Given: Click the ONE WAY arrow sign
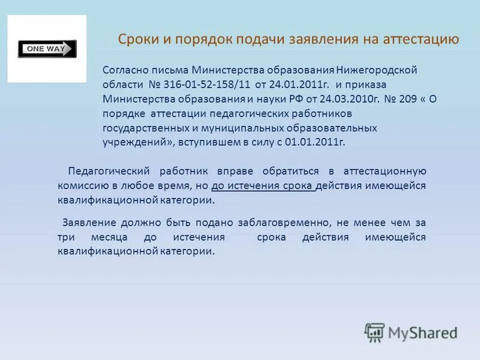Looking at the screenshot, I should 47,49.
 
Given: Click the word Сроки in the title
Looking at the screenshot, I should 137,40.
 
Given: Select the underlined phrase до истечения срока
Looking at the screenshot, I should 263,185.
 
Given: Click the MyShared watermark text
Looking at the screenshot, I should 422,332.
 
